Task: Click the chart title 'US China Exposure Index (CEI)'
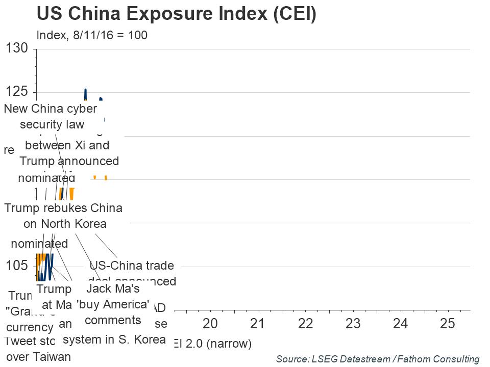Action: (177, 14)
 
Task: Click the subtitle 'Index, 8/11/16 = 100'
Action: (92, 36)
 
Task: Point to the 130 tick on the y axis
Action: (16, 49)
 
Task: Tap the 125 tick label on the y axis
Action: (16, 92)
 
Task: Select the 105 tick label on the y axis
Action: (16, 266)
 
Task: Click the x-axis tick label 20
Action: (210, 324)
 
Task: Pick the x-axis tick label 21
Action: (258, 324)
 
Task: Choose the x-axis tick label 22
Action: (305, 324)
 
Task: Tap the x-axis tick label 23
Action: (353, 324)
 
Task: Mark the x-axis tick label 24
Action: (400, 324)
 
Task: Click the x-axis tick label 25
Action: (448, 324)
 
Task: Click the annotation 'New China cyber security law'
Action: (51, 116)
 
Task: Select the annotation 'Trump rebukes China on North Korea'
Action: (63, 216)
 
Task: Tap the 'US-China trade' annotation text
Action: (132, 266)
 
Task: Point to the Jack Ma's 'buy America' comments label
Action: (113, 304)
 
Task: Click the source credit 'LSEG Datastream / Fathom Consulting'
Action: (378, 359)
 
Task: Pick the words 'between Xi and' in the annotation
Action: (67, 145)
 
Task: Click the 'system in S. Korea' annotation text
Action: (114, 339)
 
